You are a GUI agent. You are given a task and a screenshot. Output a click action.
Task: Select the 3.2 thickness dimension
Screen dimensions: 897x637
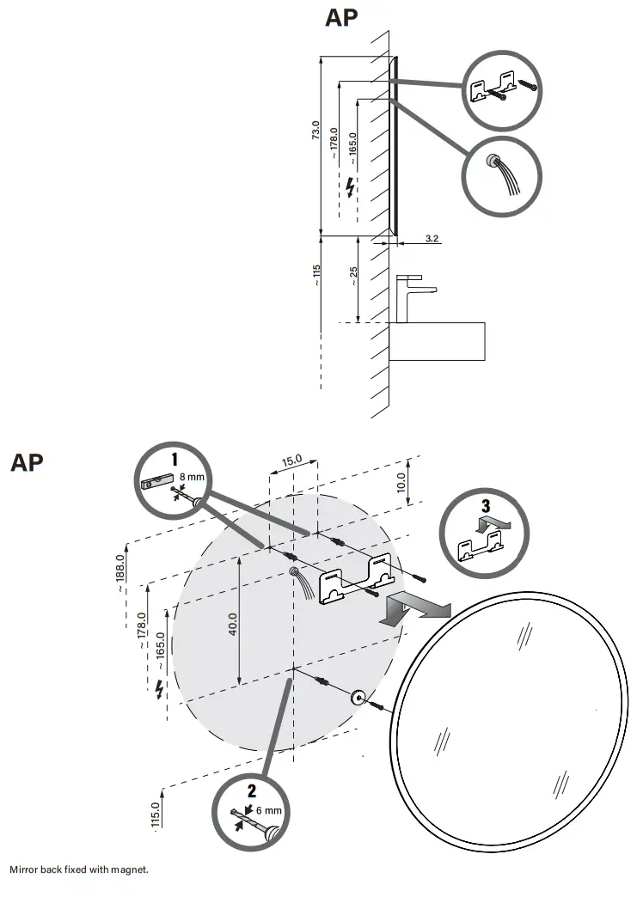click(x=432, y=238)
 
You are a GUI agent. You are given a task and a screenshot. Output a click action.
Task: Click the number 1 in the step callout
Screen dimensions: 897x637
click(x=174, y=459)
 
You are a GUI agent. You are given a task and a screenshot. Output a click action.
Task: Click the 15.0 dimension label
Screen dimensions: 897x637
click(x=292, y=461)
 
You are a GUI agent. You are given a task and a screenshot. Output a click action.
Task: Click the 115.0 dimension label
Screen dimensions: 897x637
click(x=156, y=815)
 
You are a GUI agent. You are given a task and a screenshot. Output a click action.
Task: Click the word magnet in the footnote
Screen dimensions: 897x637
click(x=131, y=870)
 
